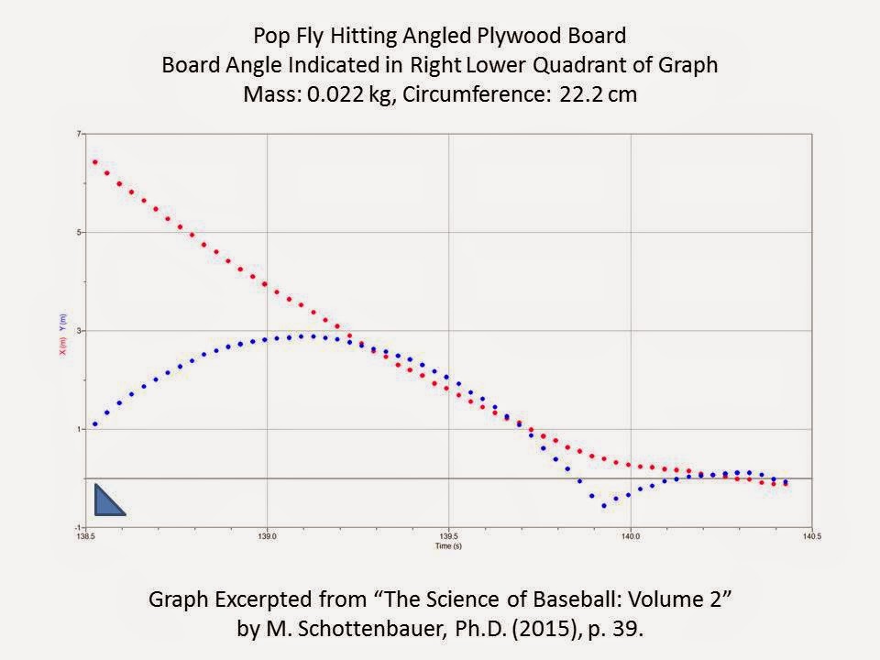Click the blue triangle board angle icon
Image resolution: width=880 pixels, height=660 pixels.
tap(106, 501)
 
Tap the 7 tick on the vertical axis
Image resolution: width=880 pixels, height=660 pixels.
tap(79, 134)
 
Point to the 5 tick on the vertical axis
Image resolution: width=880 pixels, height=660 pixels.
tap(79, 233)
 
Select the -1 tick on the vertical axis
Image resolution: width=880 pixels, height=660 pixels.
tap(78, 528)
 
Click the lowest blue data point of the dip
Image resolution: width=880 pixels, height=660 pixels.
tap(603, 505)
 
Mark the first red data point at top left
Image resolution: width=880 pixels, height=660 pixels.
tap(94, 162)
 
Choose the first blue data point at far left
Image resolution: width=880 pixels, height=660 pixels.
tap(94, 424)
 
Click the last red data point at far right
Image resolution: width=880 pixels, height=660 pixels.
tap(785, 483)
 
